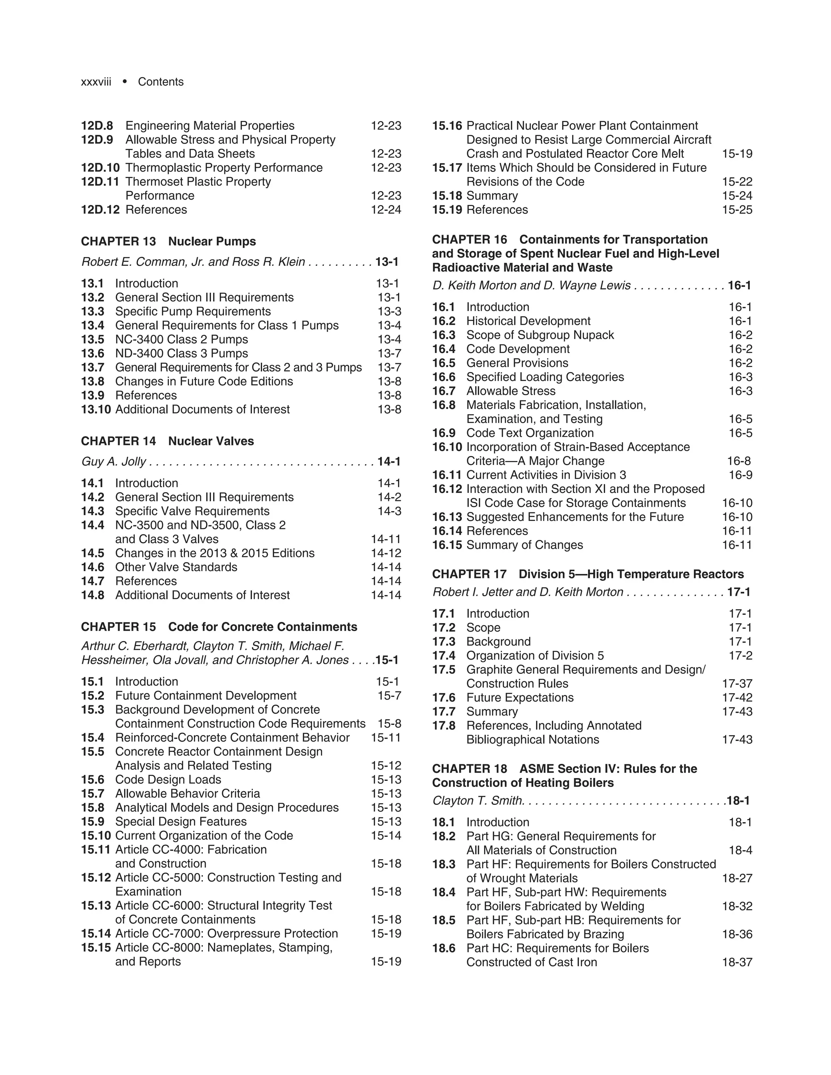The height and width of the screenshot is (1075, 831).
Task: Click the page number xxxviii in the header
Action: coord(96,82)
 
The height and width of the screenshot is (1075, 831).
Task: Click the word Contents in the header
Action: coord(161,82)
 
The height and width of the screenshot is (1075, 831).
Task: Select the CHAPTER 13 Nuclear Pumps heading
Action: coord(168,241)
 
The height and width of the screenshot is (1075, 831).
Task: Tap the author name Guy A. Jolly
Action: coord(114,461)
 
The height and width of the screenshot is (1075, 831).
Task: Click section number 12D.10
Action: coord(101,168)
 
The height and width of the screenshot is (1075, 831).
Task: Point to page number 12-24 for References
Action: coord(386,210)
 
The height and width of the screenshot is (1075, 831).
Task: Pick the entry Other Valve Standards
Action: coord(176,567)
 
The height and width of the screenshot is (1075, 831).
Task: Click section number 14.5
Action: coord(93,553)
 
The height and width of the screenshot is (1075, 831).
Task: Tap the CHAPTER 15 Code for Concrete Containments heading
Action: coord(219,627)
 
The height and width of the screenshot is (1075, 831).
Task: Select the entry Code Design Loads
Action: coord(168,780)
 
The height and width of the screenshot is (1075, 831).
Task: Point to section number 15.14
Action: coord(95,934)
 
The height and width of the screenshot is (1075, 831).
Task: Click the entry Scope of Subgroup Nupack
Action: coord(540,335)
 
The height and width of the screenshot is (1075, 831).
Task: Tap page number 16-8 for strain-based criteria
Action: coord(738,461)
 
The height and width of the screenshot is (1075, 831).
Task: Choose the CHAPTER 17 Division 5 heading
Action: coord(588,574)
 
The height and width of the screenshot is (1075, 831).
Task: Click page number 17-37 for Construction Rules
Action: coord(737,684)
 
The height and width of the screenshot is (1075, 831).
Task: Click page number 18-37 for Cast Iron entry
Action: coord(737,962)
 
